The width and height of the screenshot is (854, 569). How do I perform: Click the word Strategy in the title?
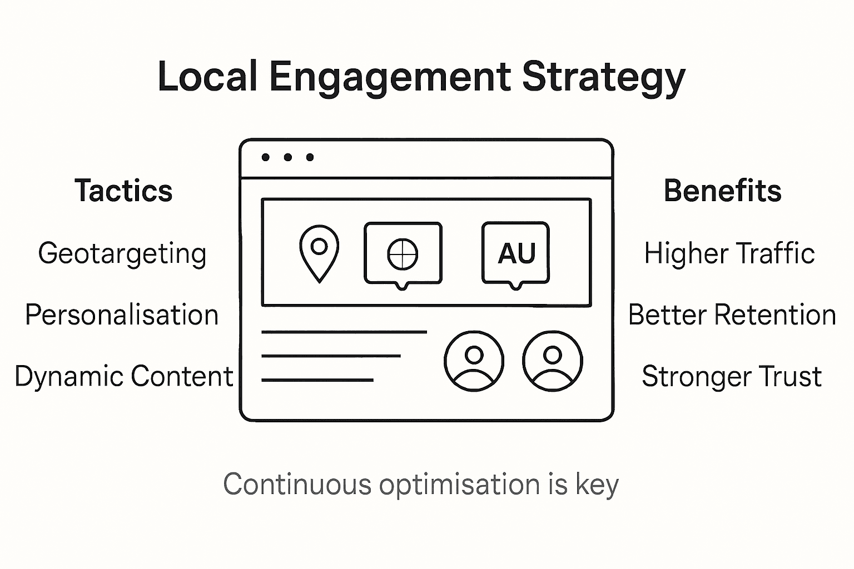pos(603,77)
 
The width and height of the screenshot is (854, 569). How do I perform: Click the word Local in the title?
pos(207,77)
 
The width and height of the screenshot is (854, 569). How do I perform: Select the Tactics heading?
pos(123,191)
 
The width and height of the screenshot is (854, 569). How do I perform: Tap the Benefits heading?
pos(722,191)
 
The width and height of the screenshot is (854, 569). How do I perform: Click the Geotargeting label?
pos(122,254)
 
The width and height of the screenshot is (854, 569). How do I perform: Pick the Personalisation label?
pos(122,315)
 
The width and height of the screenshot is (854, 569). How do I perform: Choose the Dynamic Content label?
pos(123,376)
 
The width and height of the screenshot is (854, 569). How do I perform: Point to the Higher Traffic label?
pos(729,253)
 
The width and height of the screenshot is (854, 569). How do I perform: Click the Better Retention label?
pos(732,315)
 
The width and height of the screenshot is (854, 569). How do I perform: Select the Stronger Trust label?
pos(732,376)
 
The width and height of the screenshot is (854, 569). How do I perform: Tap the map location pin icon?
pos(319,252)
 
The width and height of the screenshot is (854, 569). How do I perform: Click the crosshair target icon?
pos(403,254)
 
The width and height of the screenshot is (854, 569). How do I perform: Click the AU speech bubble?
pos(516,254)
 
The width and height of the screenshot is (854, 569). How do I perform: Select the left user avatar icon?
pos(474,361)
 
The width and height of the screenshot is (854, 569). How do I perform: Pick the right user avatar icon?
pos(552,361)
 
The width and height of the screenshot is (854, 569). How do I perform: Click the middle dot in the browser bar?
pos(287,157)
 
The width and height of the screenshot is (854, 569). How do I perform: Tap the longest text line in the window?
pos(344,332)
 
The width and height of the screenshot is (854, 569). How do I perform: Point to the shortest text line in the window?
pos(317,380)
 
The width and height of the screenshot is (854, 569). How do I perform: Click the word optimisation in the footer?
pos(459,485)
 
